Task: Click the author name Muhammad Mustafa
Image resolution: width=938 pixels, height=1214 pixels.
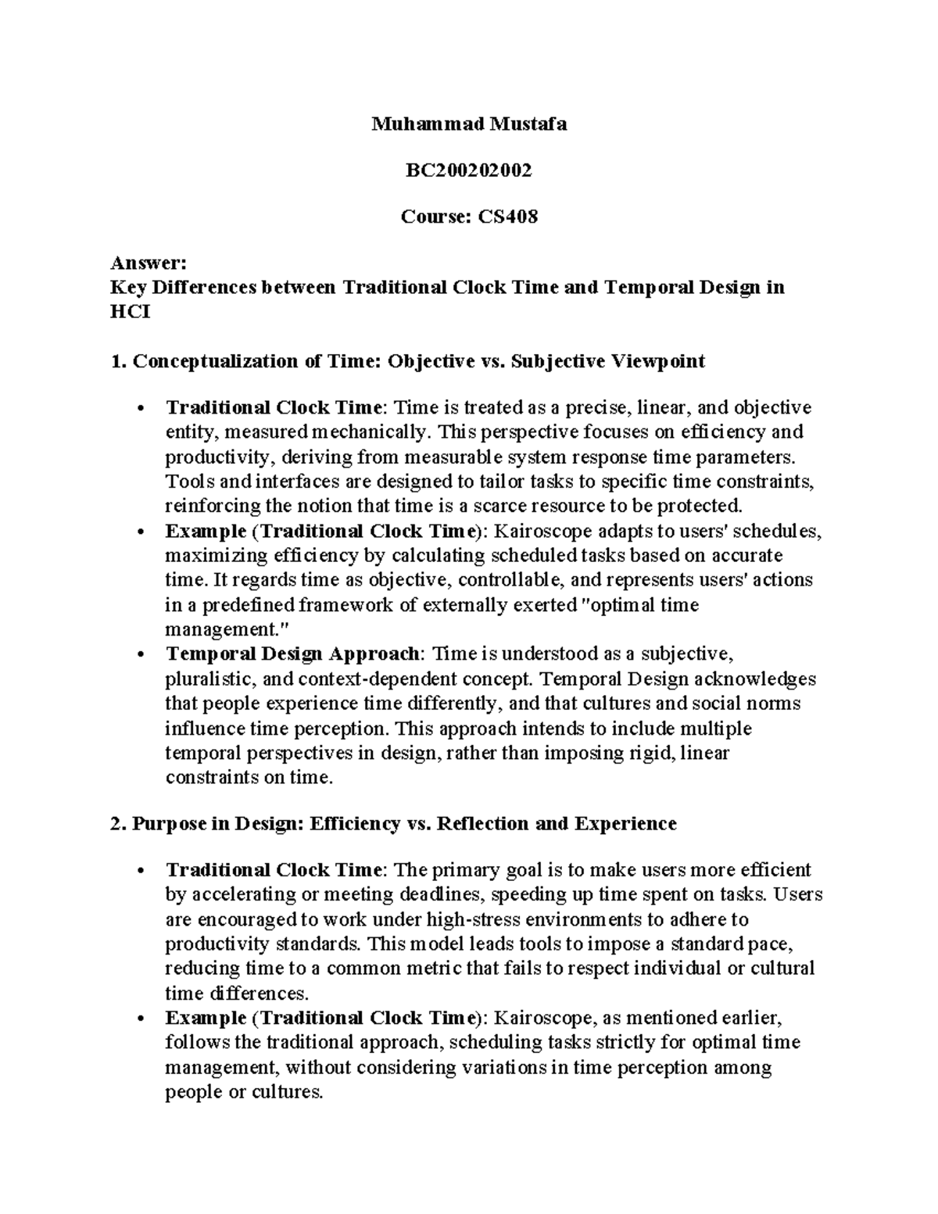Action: [x=468, y=124]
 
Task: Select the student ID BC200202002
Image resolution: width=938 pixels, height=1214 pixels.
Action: [x=468, y=170]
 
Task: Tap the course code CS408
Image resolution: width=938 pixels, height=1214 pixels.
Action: [x=508, y=217]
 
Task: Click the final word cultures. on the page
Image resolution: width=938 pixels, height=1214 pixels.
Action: [x=286, y=1092]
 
